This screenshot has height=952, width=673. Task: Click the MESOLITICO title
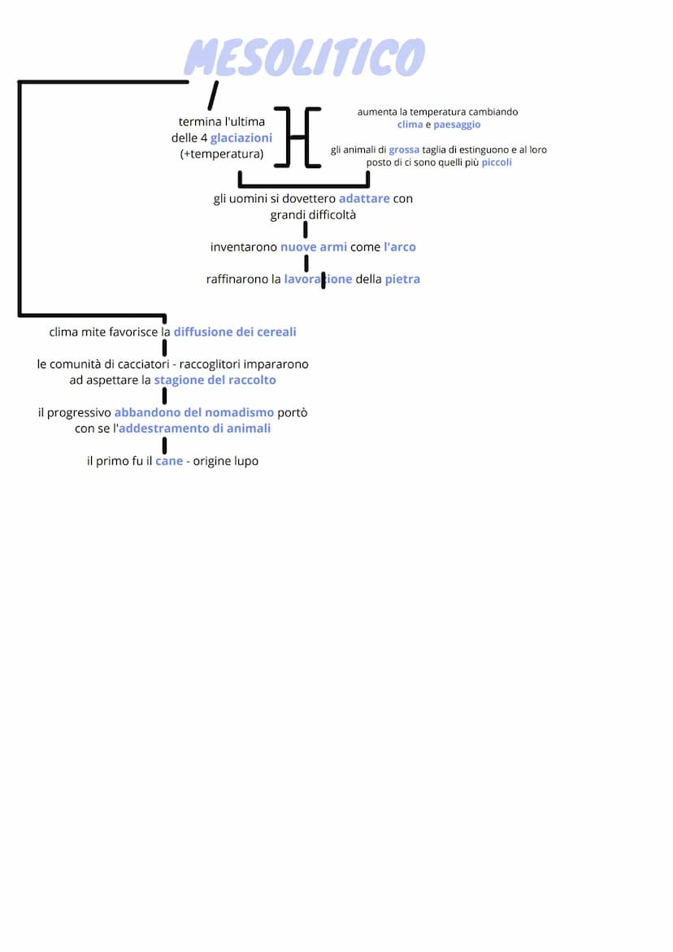click(x=305, y=58)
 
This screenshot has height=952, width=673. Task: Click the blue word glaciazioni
click(x=241, y=138)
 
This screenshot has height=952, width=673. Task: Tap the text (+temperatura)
click(x=222, y=154)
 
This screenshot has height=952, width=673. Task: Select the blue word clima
click(x=410, y=124)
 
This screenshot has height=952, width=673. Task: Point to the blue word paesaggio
click(x=457, y=124)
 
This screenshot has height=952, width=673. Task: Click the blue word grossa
click(x=404, y=150)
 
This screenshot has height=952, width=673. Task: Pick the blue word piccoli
click(x=497, y=163)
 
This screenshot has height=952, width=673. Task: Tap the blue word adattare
click(x=364, y=198)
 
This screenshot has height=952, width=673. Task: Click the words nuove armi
click(x=314, y=246)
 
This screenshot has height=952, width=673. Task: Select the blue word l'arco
click(x=400, y=246)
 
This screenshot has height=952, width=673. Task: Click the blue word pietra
click(x=402, y=279)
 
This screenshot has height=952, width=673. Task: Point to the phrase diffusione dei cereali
click(x=235, y=332)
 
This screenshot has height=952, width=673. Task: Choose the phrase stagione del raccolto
click(x=215, y=380)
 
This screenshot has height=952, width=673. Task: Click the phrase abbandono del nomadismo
click(x=194, y=412)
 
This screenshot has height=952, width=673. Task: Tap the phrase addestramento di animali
click(x=195, y=428)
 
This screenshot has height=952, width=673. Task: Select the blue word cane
click(x=169, y=461)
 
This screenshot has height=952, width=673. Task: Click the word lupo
click(x=245, y=461)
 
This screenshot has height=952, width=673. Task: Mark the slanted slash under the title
click(x=212, y=95)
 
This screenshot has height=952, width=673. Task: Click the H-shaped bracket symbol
click(x=297, y=137)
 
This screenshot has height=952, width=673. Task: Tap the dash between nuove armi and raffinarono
click(x=306, y=263)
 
